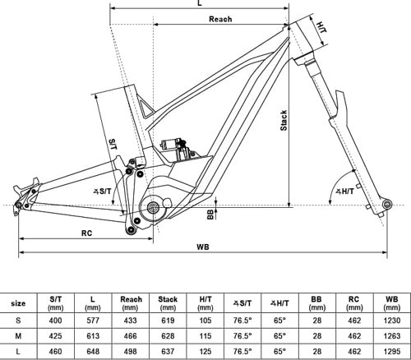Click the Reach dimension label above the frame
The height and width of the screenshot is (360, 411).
pos(220,19)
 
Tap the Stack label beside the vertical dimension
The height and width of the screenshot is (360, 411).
pos(284,121)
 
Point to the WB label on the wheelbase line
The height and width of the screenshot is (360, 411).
pos(203,247)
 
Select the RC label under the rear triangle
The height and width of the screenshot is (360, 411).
pos(86,233)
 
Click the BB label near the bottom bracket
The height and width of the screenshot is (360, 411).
pos(210,215)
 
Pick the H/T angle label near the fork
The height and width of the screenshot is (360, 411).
pos(344,191)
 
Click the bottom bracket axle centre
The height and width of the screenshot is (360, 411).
pos(153,207)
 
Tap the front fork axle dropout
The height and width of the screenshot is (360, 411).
pos(387,204)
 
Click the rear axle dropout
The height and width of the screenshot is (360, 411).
pos(18,205)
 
